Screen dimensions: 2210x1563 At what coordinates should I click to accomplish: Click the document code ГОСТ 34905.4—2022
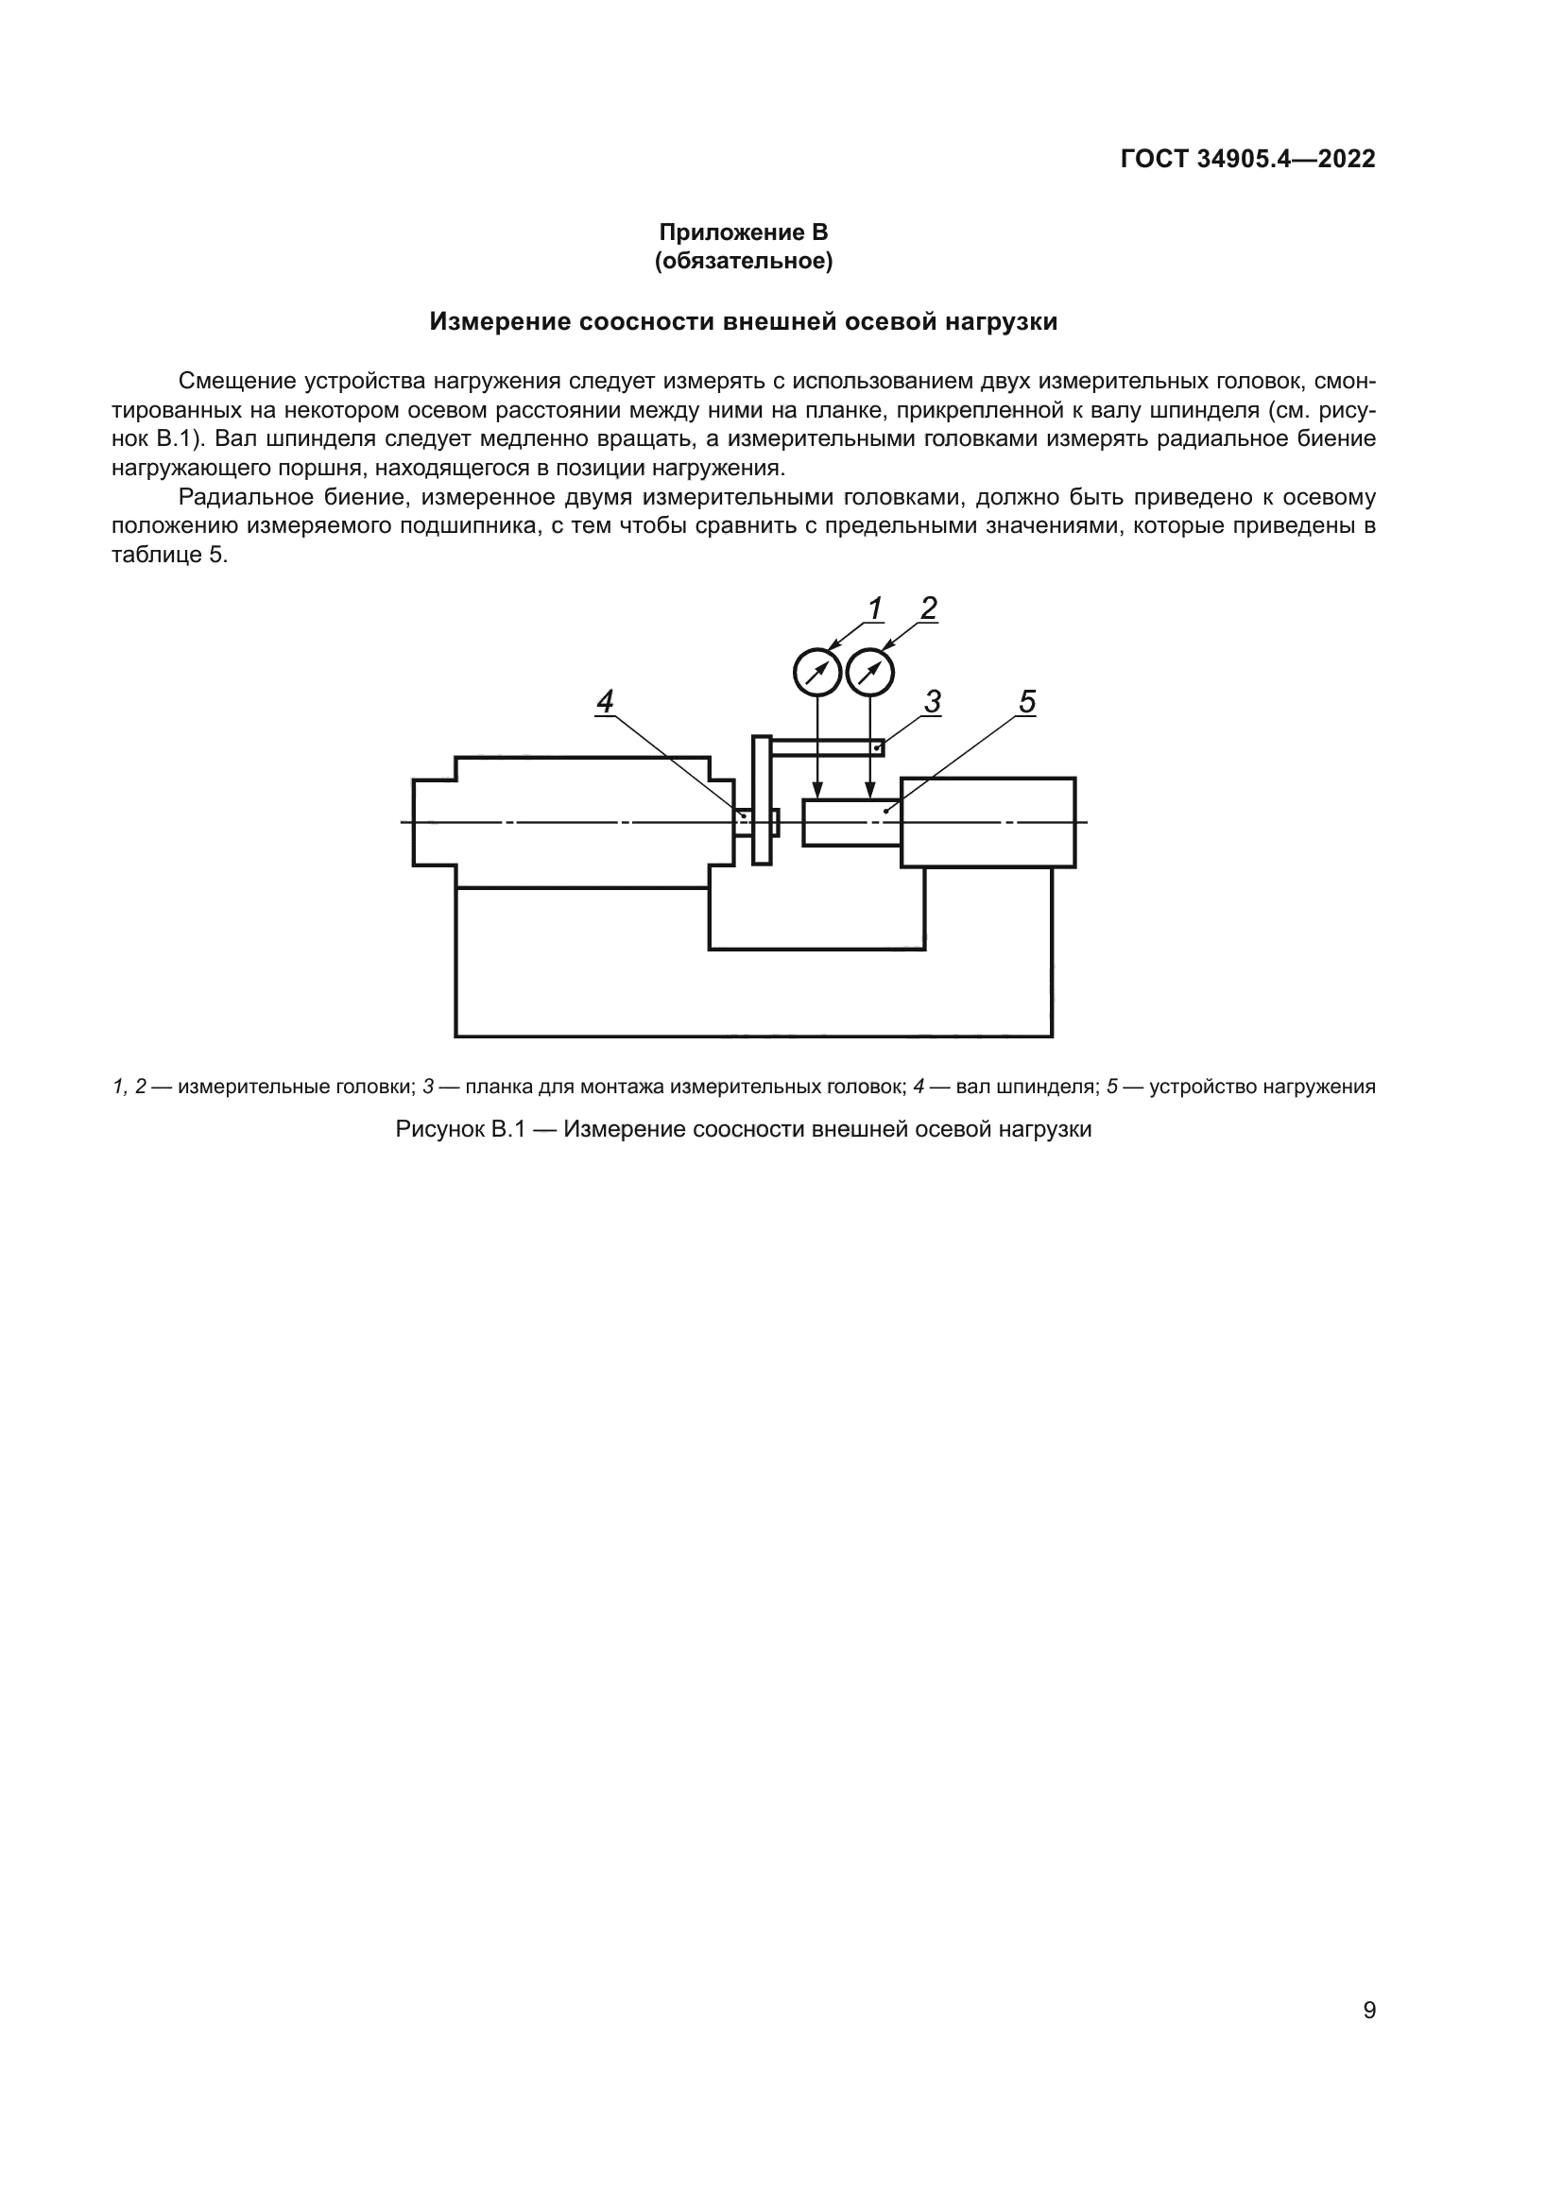[1247, 159]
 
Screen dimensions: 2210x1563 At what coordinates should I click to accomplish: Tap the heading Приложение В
[743, 232]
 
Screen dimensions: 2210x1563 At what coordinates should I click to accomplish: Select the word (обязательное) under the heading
[743, 261]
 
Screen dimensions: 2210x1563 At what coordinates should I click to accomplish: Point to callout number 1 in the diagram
[875, 608]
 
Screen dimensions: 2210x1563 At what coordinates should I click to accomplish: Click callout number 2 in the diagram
[928, 608]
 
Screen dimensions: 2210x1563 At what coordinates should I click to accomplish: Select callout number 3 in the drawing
[932, 702]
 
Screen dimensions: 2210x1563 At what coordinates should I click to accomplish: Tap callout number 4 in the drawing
[605, 702]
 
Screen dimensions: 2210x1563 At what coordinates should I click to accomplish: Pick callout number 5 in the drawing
[1027, 702]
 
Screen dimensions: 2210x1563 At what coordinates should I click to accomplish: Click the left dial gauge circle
[817, 673]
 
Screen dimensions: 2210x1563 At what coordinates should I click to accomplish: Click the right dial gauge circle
[870, 673]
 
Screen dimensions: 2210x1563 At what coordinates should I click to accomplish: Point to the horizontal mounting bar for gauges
[828, 747]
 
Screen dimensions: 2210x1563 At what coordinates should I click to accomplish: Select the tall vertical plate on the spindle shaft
[762, 800]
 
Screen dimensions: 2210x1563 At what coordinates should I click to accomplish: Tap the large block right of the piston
[988, 823]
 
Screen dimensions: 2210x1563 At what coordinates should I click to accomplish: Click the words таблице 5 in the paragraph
[169, 556]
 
